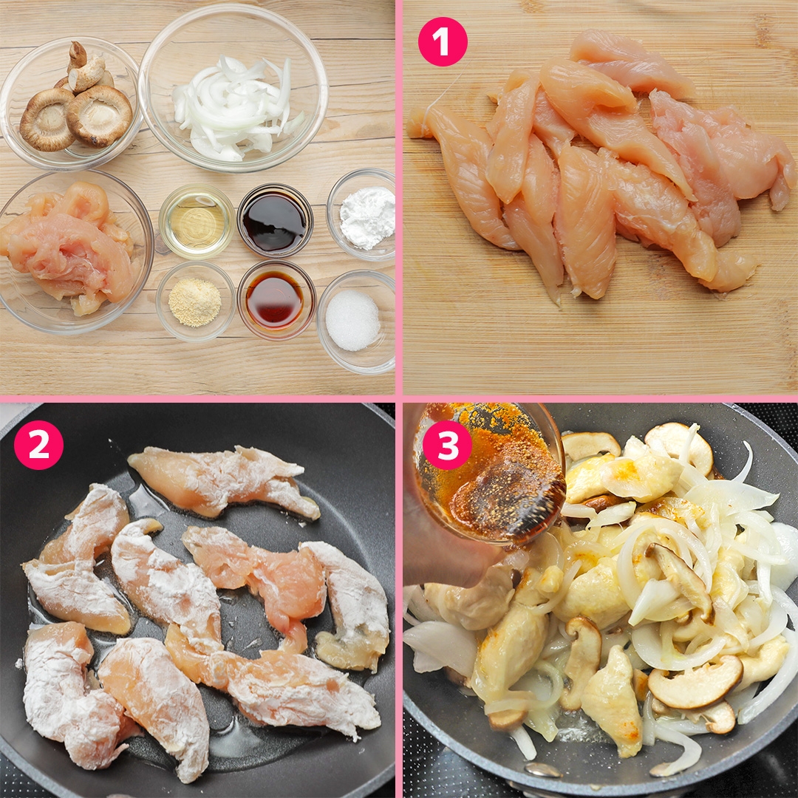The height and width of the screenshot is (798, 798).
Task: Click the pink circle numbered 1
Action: [443, 42]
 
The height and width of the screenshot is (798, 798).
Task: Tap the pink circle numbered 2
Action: [38, 445]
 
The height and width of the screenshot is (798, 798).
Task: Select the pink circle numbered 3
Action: [446, 445]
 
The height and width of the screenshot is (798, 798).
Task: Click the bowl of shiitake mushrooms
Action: [70, 103]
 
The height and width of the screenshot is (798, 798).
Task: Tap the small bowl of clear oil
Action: [197, 220]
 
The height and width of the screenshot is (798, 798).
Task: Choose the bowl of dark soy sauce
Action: [275, 219]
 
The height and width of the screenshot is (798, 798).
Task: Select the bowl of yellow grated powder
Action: [195, 301]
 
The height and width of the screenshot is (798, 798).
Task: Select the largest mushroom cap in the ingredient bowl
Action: [99, 116]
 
